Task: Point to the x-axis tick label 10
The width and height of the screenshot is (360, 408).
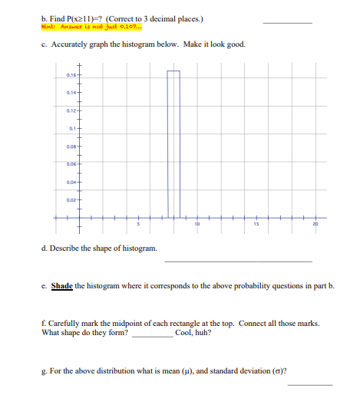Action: coord(197,224)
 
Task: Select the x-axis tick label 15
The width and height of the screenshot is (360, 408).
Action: coord(257,224)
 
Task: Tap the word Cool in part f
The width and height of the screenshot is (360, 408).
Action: coord(183,333)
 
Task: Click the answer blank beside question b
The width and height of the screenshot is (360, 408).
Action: coord(287,23)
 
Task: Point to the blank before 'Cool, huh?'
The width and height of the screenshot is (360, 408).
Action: coord(152,335)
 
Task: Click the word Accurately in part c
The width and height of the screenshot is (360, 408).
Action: coord(68,44)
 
